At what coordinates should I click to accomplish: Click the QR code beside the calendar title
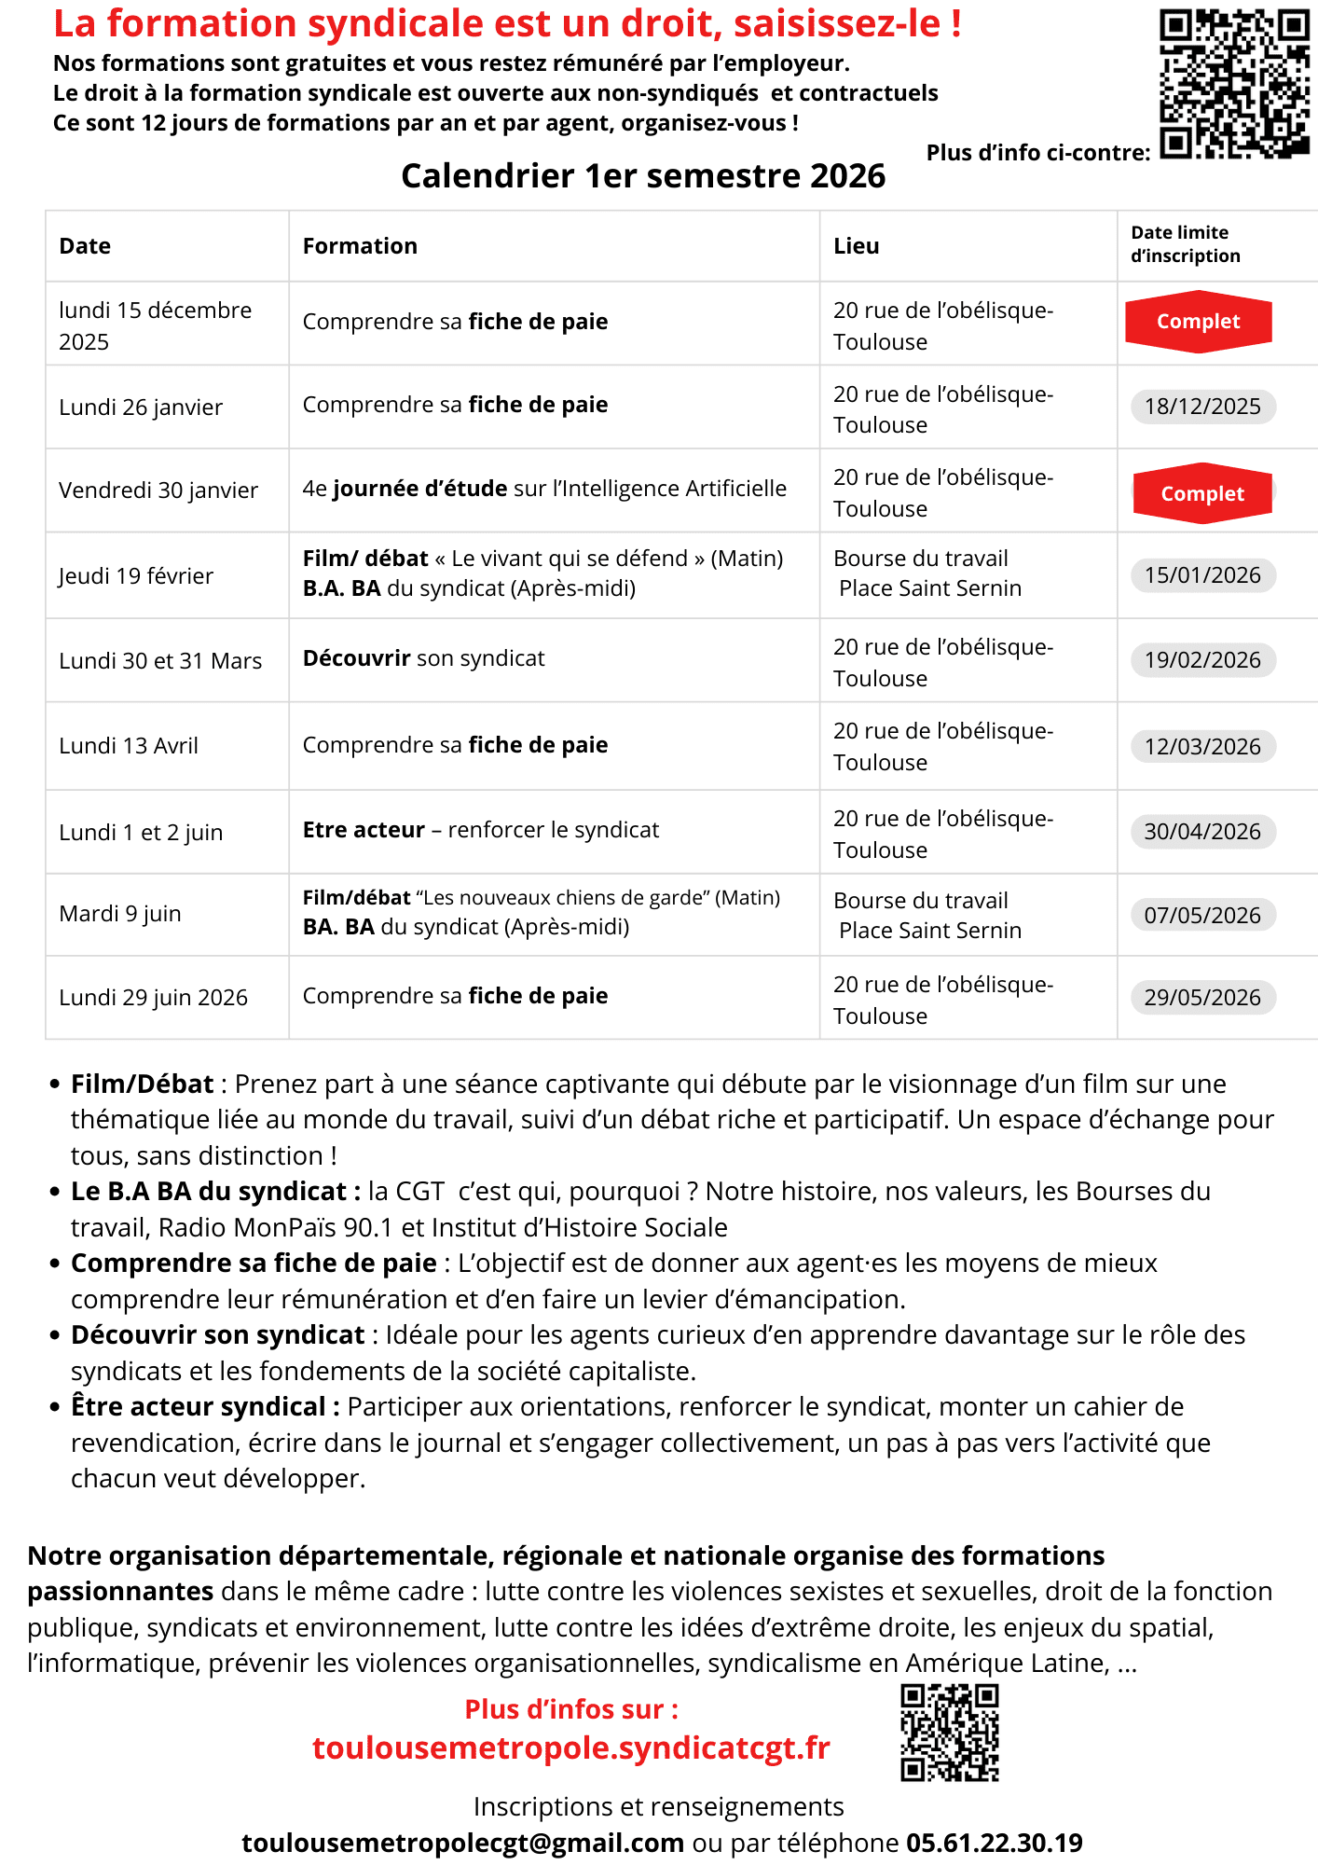pyautogui.click(x=1234, y=84)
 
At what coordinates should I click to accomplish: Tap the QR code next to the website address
pyautogui.click(x=949, y=1733)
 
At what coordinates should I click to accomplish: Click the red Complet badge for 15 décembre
pyautogui.click(x=1198, y=322)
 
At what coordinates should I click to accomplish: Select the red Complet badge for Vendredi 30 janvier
pyautogui.click(x=1201, y=493)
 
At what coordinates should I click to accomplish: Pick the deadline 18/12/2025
pyautogui.click(x=1202, y=407)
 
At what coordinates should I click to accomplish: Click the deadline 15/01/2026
pyautogui.click(x=1202, y=575)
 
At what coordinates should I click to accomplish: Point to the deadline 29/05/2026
pyautogui.click(x=1202, y=998)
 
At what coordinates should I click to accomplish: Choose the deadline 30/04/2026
pyautogui.click(x=1202, y=832)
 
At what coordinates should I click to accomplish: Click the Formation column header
pyautogui.click(x=360, y=246)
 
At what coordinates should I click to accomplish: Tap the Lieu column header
pyautogui.click(x=856, y=246)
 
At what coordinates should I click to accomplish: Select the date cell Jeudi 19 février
pyautogui.click(x=136, y=576)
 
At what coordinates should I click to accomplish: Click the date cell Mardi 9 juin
pyautogui.click(x=120, y=914)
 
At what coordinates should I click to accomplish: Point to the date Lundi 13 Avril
pyautogui.click(x=129, y=746)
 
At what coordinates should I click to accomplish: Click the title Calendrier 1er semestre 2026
pyautogui.click(x=643, y=176)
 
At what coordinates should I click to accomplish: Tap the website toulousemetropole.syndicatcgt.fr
pyautogui.click(x=570, y=1748)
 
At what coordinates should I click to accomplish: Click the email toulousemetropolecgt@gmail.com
pyautogui.click(x=462, y=1843)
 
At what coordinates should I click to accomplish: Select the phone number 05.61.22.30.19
pyautogui.click(x=994, y=1843)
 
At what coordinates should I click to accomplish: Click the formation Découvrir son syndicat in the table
pyautogui.click(x=423, y=658)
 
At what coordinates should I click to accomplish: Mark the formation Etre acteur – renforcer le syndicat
pyautogui.click(x=480, y=830)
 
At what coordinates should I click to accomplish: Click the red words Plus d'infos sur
pyautogui.click(x=570, y=1709)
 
